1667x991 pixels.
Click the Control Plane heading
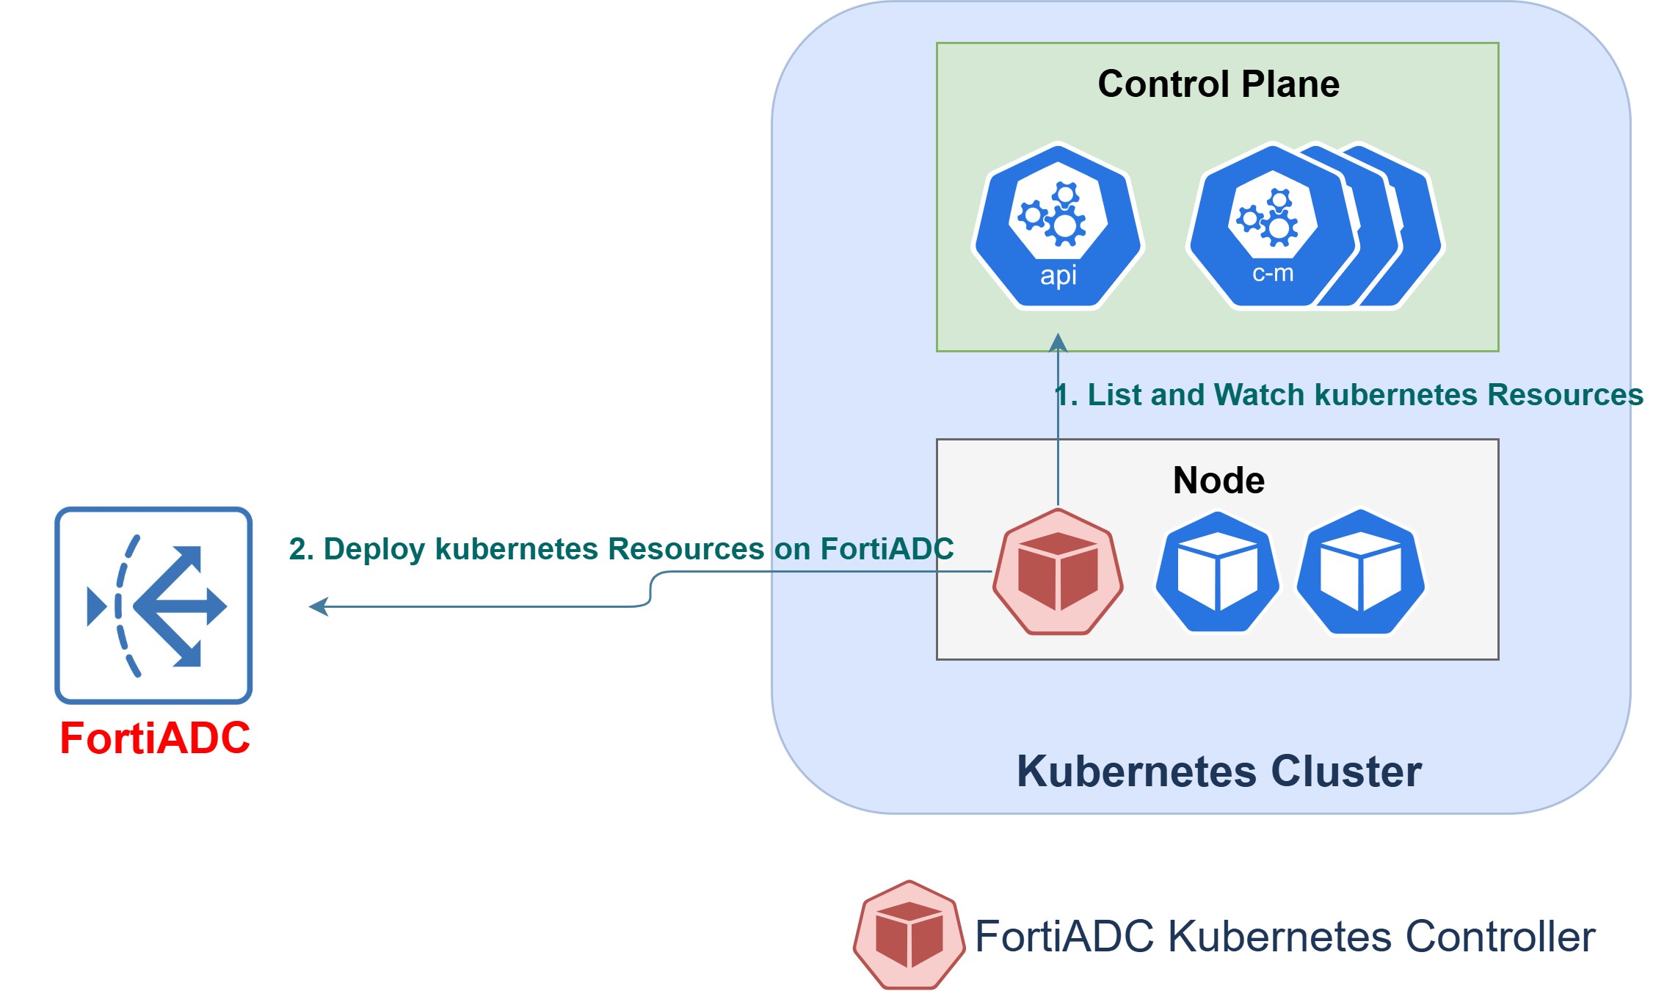pos(1218,84)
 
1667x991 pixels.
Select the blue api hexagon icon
pos(1058,226)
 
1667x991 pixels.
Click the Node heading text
pos(1219,481)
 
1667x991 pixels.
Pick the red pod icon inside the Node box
pos(1058,572)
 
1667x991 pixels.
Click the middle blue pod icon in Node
pos(1217,572)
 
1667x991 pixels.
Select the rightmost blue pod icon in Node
pos(1360,572)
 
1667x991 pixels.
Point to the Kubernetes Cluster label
pos(1219,772)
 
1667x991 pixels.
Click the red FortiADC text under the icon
pos(155,738)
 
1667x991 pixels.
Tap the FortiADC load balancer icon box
pos(153,605)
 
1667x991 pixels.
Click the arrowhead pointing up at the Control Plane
pos(1058,342)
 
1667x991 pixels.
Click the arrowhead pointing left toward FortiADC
pos(319,606)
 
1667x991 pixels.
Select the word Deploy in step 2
pos(374,549)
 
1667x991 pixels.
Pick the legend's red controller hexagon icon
pos(909,935)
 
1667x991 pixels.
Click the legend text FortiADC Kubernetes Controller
pos(1285,937)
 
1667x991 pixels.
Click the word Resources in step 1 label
pos(1565,395)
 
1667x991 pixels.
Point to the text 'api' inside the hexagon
pos(1058,276)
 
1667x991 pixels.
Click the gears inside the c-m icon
pos(1268,217)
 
